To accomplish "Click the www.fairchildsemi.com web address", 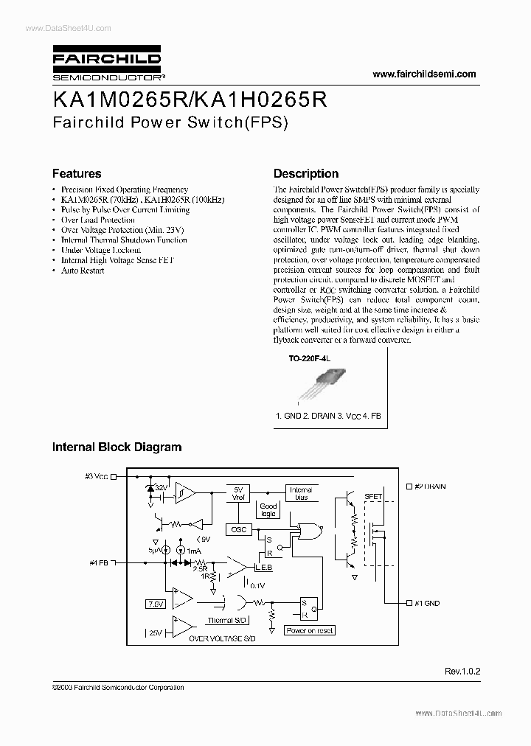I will tap(424, 74).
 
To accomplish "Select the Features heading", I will tap(77, 174).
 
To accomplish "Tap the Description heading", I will tap(306, 174).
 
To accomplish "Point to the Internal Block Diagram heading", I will tap(117, 447).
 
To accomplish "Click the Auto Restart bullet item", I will tap(83, 271).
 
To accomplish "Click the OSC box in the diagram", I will tap(238, 529).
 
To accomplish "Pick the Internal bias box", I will tap(300, 492).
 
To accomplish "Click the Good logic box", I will tap(268, 509).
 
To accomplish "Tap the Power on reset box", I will tap(310, 630).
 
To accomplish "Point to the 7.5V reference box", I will tap(156, 604).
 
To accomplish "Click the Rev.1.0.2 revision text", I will tap(462, 672).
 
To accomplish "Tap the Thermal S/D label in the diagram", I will tap(226, 621).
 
